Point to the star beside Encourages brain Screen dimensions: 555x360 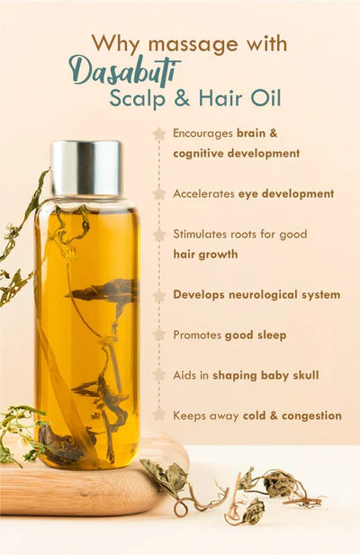(159, 133)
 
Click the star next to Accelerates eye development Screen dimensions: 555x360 (159, 193)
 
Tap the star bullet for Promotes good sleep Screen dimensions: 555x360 (159, 335)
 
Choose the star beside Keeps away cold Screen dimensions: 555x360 (159, 415)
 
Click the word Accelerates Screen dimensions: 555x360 (205, 193)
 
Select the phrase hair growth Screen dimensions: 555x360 (205, 255)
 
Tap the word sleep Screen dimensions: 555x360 (269, 335)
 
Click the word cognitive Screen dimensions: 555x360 (202, 154)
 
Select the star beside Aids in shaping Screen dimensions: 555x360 (159, 375)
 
